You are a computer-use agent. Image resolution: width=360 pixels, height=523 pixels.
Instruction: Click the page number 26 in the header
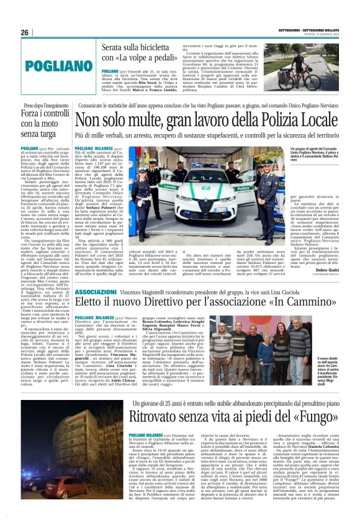click(x=25, y=32)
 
